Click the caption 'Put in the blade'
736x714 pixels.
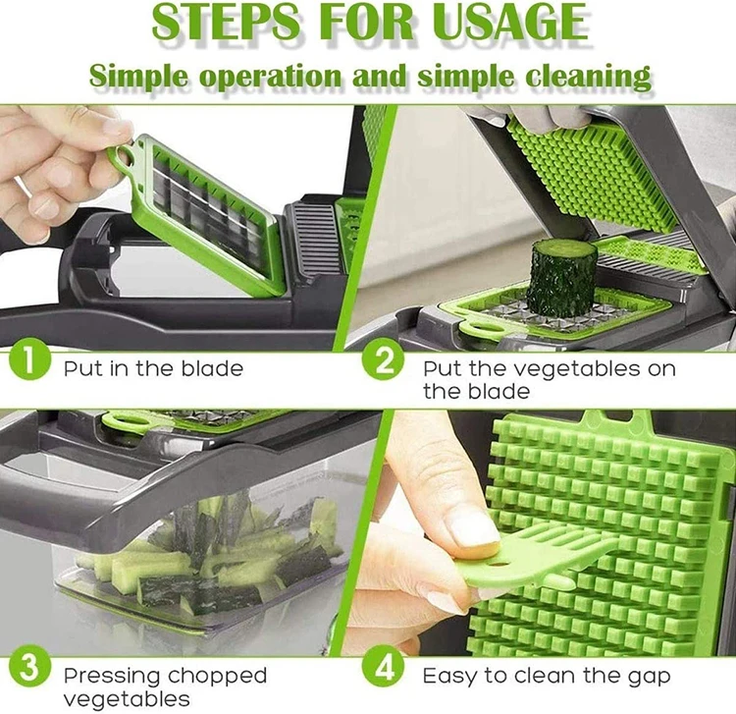pyautogui.click(x=153, y=369)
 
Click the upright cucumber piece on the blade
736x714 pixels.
pyautogui.click(x=562, y=275)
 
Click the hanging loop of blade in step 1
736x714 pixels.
pyautogui.click(x=122, y=158)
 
